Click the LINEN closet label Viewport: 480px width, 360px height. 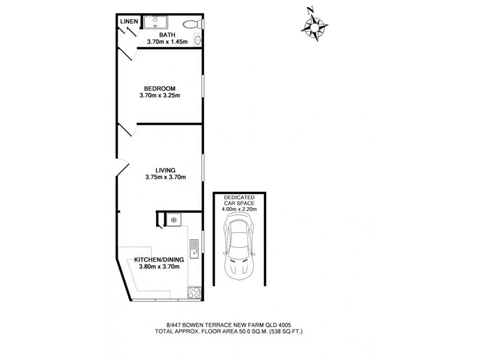pyautogui.click(x=129, y=22)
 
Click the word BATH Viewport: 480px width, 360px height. pyautogui.click(x=167, y=35)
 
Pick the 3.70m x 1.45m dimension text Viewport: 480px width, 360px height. pyautogui.click(x=167, y=42)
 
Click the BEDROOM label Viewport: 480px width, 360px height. pyautogui.click(x=160, y=88)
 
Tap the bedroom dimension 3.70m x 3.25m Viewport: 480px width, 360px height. pyautogui.click(x=160, y=95)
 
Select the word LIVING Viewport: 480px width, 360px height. pyautogui.click(x=166, y=170)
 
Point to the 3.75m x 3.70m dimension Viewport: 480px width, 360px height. pyautogui.click(x=166, y=177)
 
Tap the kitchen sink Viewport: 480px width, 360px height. pyautogui.click(x=194, y=248)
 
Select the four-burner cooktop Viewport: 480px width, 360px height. pyautogui.click(x=194, y=293)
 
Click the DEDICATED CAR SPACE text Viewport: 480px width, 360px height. pyautogui.click(x=239, y=200)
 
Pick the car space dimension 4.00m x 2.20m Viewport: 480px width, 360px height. pyautogui.click(x=239, y=209)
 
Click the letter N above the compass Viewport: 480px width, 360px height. pyautogui.click(x=310, y=10)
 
